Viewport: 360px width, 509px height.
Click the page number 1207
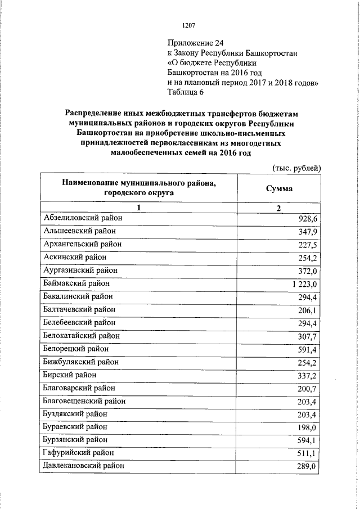click(x=188, y=25)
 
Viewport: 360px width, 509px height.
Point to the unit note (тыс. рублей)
click(x=296, y=167)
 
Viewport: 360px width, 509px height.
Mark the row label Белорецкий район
click(x=76, y=349)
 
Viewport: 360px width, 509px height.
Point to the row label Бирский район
click(x=69, y=375)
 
